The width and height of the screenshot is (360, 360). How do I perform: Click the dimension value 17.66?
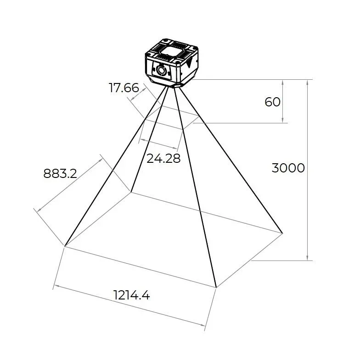point(124,88)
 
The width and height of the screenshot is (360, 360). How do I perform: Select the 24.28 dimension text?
point(163,158)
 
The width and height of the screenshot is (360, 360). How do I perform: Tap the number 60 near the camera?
point(272,101)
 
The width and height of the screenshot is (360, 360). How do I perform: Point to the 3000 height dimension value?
point(288,168)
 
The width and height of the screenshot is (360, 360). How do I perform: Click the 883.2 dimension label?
point(60,173)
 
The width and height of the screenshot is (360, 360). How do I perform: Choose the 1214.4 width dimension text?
point(132,295)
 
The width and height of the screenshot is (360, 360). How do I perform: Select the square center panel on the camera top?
point(172,51)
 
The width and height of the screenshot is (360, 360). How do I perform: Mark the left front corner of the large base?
point(65,246)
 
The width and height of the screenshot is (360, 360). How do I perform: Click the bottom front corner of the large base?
point(216,288)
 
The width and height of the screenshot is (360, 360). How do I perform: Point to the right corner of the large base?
point(282,233)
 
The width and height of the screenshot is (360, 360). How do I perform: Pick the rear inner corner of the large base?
point(131,192)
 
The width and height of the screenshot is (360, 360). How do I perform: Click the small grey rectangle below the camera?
point(171,120)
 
